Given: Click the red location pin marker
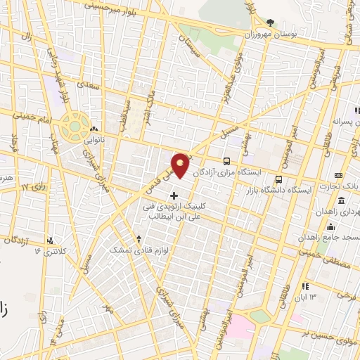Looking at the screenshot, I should point(181,164).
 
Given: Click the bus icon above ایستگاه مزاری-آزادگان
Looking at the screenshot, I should point(226,160).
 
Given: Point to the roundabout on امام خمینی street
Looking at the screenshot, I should point(72,127).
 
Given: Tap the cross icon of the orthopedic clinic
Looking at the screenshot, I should point(174,195).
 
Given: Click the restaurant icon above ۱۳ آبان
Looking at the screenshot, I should point(305,286).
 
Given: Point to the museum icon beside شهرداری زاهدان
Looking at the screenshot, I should point(340,175).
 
